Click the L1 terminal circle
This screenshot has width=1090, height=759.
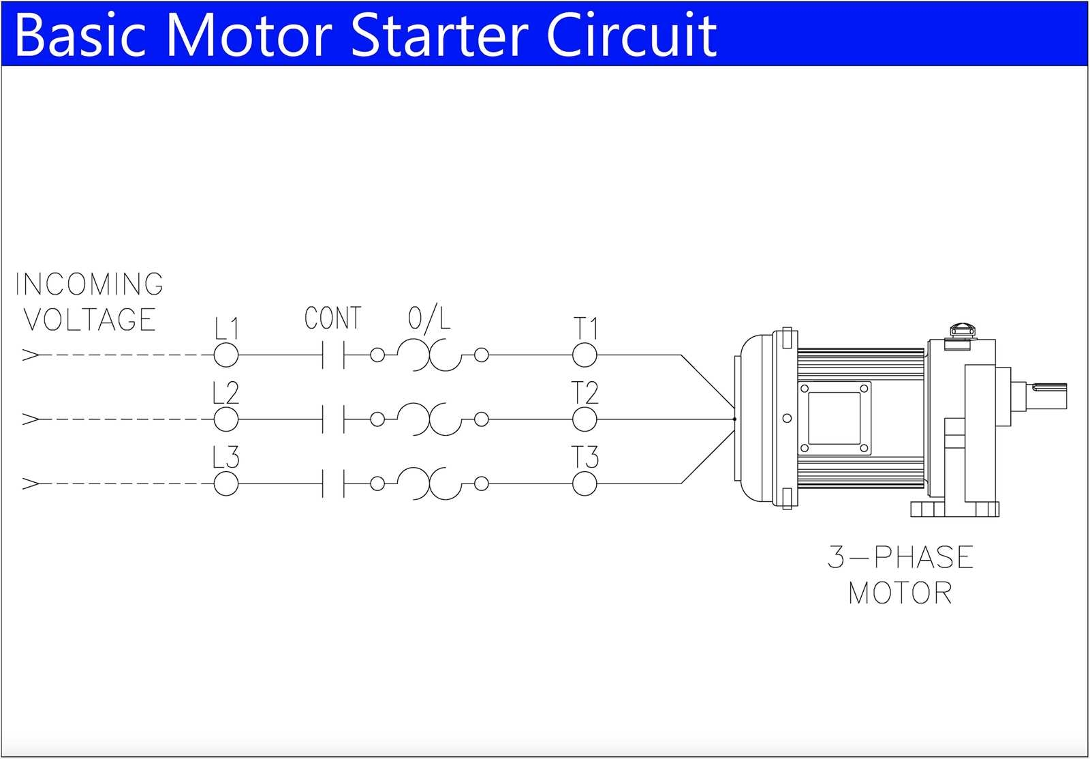[226, 355]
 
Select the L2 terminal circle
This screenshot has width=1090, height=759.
[226, 419]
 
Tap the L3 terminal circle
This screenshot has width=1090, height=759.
[226, 484]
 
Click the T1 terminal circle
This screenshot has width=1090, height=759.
[585, 355]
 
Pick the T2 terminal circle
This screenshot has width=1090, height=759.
[585, 419]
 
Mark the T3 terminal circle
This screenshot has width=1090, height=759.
[585, 484]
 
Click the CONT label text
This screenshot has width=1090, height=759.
[332, 318]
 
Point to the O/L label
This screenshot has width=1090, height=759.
[429, 318]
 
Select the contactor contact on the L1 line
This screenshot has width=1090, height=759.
[333, 355]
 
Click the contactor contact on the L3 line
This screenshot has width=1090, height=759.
[333, 484]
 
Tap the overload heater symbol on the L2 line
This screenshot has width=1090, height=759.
[429, 419]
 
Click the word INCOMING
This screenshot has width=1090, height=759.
[89, 284]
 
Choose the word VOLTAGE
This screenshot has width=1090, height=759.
[90, 320]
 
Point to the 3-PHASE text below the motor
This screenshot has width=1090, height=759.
[901, 557]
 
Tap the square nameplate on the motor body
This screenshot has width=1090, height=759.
[834, 418]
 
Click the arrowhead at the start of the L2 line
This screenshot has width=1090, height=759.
[31, 419]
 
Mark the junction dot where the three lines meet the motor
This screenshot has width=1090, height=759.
[734, 419]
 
